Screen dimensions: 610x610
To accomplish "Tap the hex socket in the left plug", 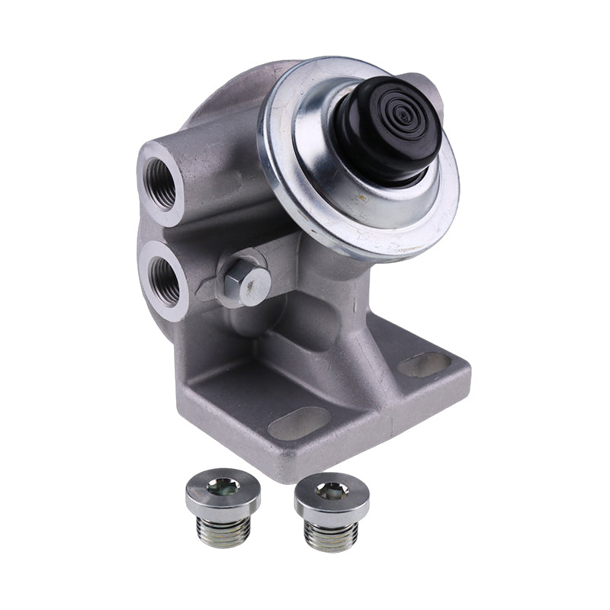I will coord(223,485).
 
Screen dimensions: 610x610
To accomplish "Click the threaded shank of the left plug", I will coord(223,531).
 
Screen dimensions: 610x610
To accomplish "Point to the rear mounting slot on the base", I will coord(424,364).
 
